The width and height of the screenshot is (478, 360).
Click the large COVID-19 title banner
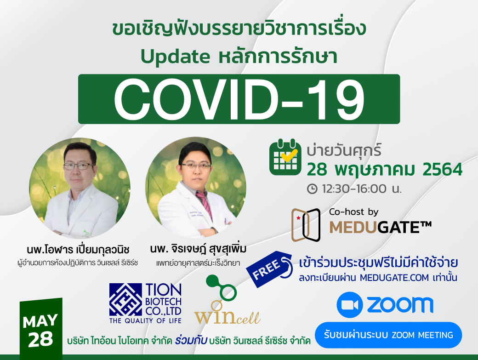(x=239, y=99)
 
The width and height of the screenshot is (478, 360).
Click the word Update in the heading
(x=175, y=57)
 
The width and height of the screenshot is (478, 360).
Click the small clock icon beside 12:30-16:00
(x=312, y=189)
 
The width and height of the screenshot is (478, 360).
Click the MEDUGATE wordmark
(x=381, y=227)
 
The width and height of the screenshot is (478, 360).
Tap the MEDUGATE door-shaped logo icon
(x=306, y=225)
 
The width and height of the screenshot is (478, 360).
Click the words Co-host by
(x=353, y=212)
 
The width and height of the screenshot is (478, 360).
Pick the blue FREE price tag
(x=269, y=269)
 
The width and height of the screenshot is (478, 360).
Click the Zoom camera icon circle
(x=350, y=305)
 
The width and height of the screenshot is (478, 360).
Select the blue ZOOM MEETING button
(x=388, y=335)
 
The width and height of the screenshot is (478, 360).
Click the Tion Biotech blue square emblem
(x=125, y=299)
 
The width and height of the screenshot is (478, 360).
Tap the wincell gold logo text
(x=228, y=317)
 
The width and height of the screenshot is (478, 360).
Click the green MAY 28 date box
(x=41, y=329)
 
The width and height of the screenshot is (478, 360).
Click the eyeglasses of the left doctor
(x=79, y=166)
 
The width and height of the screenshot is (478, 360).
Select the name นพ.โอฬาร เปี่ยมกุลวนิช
(x=78, y=250)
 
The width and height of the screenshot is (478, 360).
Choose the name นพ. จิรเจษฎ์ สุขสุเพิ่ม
(x=198, y=249)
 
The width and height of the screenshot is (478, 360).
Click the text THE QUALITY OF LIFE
(x=145, y=320)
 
